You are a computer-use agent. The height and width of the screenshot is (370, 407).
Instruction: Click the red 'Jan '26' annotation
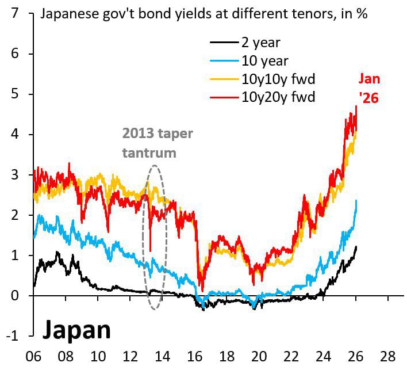(368, 89)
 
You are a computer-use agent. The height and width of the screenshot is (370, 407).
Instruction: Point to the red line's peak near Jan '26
(356, 106)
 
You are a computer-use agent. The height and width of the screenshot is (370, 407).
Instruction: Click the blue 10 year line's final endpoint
(356, 201)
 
